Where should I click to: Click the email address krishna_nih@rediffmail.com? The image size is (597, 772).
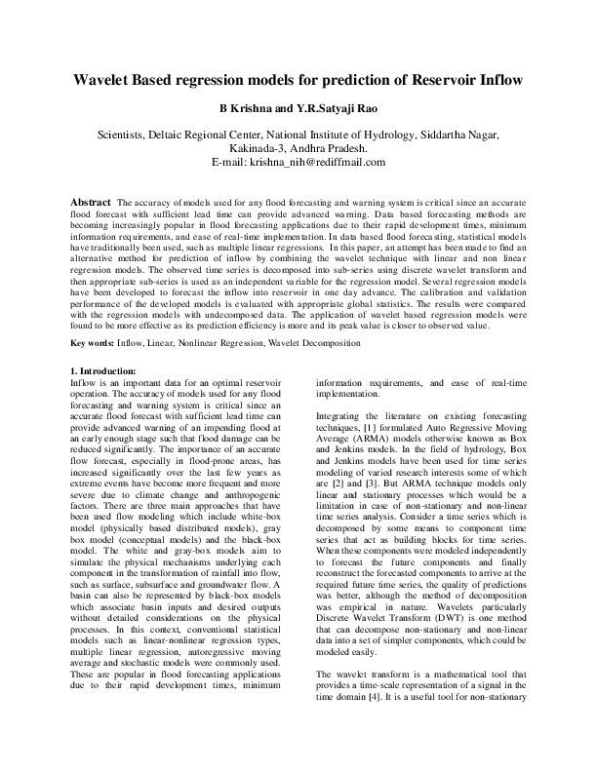[318, 162]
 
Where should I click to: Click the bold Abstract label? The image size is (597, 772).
[91, 201]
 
